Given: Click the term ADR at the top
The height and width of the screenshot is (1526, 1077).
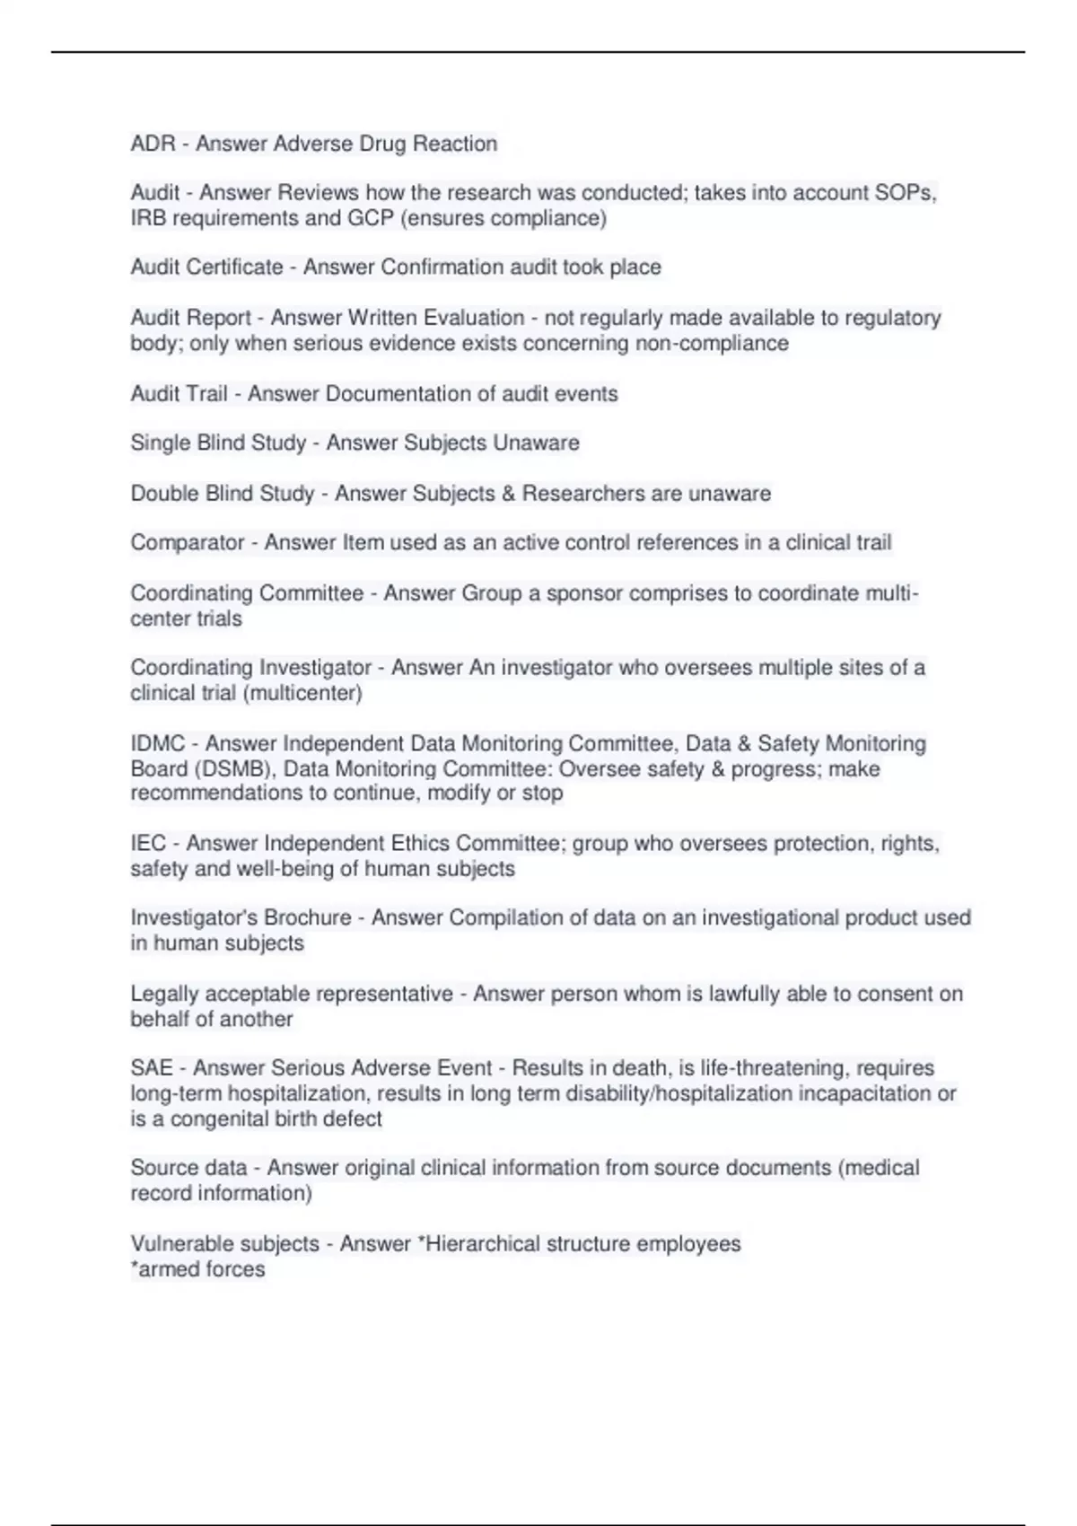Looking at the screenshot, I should pos(153,144).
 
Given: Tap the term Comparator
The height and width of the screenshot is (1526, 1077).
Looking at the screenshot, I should pos(188,543).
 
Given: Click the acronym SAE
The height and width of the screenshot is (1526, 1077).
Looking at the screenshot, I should pos(152,1068).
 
